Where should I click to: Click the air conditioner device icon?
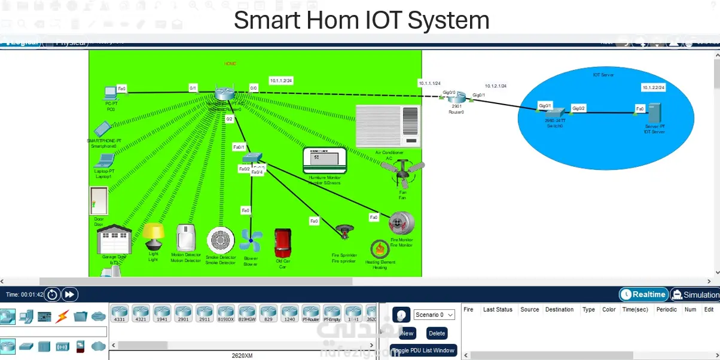(x=388, y=126)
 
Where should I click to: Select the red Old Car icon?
(x=282, y=243)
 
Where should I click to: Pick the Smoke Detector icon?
(x=220, y=240)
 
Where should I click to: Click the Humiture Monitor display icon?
(x=325, y=160)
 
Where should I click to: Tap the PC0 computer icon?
(x=111, y=93)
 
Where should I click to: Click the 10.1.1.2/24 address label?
(x=281, y=81)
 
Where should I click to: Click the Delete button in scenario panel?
(x=437, y=333)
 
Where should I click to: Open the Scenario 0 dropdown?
(x=434, y=315)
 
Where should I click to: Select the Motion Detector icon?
(x=186, y=237)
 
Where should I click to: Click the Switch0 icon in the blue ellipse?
(x=554, y=112)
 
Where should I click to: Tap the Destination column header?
(x=559, y=310)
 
